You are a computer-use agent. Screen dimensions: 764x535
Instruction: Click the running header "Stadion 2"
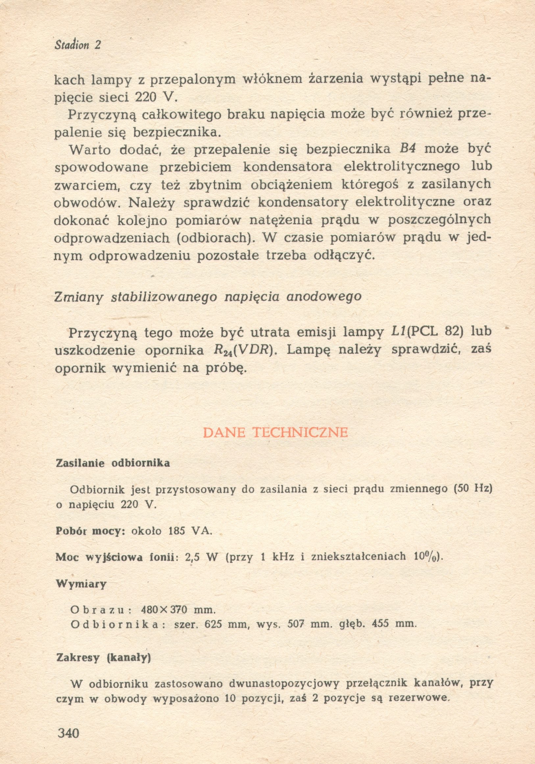click(78, 45)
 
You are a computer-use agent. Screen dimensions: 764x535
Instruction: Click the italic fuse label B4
click(407, 149)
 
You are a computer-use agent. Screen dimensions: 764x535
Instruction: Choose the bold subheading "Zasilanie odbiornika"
click(113, 463)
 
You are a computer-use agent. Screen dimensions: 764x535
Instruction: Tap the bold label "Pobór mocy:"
click(90, 531)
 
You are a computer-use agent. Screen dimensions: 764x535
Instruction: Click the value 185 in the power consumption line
click(176, 531)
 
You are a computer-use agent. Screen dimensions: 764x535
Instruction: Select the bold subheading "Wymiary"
click(81, 584)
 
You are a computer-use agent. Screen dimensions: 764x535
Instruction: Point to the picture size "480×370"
click(165, 610)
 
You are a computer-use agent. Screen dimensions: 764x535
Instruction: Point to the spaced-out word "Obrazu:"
click(101, 610)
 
